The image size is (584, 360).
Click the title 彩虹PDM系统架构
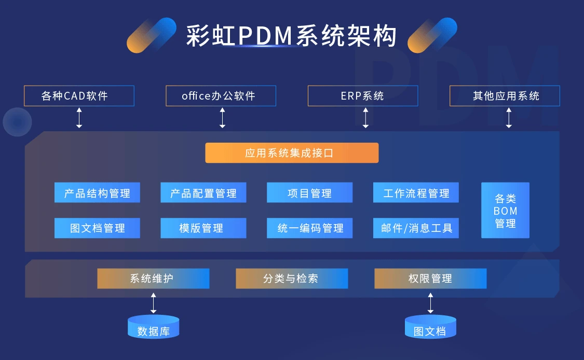[x=292, y=36]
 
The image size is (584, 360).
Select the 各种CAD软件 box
[x=79, y=96]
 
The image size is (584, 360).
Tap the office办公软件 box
[x=221, y=96]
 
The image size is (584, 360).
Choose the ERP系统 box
[x=362, y=96]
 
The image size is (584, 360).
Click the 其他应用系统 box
[x=505, y=96]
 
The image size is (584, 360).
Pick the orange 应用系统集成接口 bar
[x=292, y=153]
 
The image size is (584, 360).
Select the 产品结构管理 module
[x=97, y=193]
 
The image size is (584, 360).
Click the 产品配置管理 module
[x=203, y=193]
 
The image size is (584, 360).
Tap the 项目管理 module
[x=309, y=193]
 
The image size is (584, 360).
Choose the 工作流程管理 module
[x=416, y=193]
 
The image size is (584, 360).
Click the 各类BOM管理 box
[x=505, y=211]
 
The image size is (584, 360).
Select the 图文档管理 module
[x=97, y=228]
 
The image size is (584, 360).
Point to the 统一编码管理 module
[x=309, y=228]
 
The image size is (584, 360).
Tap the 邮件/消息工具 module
[x=416, y=228]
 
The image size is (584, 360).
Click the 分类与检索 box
[x=292, y=279]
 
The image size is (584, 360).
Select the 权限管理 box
[x=430, y=279]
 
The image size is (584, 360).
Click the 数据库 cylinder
[x=153, y=327]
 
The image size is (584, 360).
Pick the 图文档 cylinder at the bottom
[x=430, y=327]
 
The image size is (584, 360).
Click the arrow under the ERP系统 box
[x=365, y=118]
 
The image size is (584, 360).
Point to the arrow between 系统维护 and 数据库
[x=153, y=303]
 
